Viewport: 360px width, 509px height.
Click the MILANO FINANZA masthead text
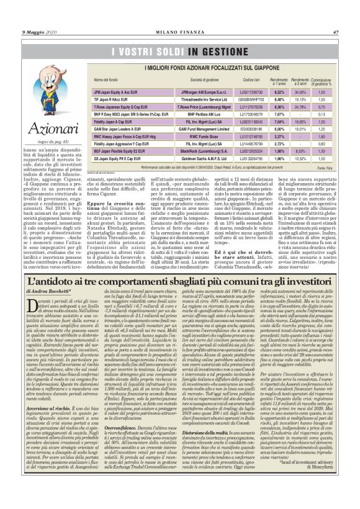click(179, 15)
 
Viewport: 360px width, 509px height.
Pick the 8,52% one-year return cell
click(278, 91)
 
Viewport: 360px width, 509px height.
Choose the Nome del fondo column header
click(105, 81)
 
